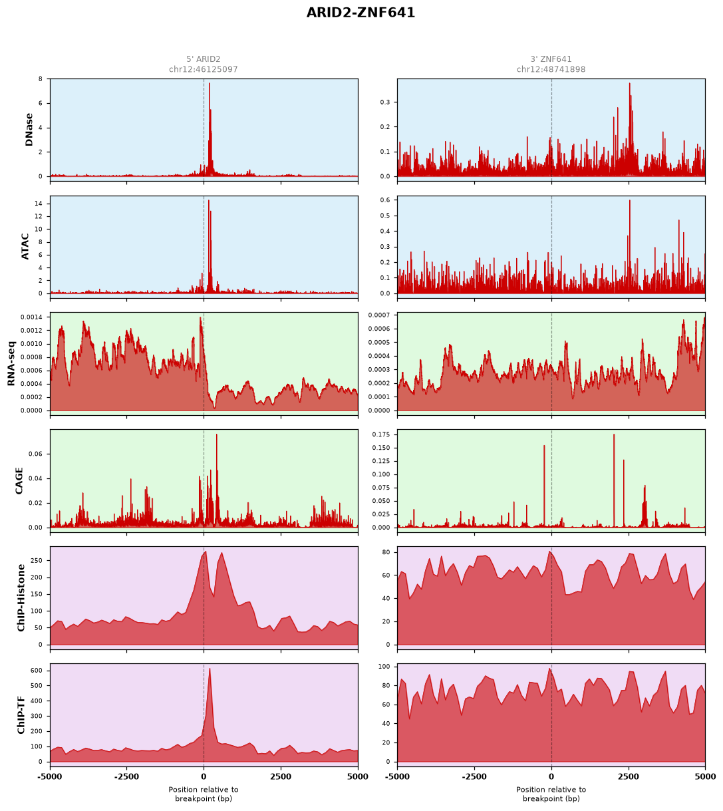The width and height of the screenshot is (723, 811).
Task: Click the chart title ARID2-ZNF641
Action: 361,13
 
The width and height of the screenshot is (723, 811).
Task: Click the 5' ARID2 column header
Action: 204,59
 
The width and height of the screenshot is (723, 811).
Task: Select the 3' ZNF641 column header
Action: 551,59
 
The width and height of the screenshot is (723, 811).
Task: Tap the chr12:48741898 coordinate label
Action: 551,69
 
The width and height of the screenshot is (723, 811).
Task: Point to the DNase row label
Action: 29,130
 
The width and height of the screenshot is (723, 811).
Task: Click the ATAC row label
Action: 25,247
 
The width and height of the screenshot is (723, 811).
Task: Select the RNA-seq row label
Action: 11,363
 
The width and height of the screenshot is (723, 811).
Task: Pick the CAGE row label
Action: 19,481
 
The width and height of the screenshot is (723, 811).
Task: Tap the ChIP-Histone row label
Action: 21,597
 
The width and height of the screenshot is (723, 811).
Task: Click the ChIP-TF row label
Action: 21,715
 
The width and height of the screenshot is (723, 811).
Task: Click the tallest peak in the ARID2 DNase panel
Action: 210,84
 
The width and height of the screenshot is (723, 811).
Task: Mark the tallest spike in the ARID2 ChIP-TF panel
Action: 210,669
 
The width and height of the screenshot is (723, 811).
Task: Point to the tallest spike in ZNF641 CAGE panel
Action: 614,434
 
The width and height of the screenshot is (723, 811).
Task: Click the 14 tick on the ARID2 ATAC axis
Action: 39,204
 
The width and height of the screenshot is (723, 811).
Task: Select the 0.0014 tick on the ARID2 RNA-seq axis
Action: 31,317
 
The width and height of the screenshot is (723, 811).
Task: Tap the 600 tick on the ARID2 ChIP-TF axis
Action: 37,671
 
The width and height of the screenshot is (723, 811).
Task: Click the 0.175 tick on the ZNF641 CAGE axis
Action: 380,434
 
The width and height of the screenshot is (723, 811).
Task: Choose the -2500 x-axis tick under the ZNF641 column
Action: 474,777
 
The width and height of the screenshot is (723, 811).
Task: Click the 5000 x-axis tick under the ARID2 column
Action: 357,777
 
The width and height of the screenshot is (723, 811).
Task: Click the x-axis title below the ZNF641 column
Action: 551,794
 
